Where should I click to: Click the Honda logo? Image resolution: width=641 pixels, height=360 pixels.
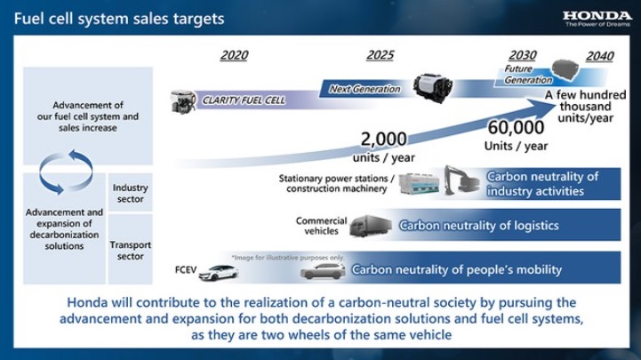[597, 19]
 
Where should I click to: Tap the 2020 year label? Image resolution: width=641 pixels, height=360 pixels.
[234, 55]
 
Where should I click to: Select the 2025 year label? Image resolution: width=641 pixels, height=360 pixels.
[381, 55]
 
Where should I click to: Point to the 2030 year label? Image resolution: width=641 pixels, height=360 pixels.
[523, 55]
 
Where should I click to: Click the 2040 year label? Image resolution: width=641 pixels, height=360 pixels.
[600, 56]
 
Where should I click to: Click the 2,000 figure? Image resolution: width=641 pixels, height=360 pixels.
[383, 140]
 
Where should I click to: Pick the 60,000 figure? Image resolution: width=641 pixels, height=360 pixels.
[516, 127]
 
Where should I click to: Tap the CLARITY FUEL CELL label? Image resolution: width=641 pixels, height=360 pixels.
[244, 100]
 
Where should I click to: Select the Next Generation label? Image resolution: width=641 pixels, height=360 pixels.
[365, 89]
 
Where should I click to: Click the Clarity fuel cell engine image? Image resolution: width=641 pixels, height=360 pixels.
[182, 101]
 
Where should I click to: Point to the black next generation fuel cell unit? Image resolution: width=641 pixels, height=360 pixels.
[432, 87]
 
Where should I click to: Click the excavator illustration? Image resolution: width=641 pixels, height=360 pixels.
[461, 180]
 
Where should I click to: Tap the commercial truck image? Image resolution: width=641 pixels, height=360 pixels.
[371, 226]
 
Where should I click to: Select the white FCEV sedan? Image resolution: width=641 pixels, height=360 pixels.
[219, 273]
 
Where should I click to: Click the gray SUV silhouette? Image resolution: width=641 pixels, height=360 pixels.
[323, 271]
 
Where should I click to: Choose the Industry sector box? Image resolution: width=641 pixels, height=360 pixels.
[130, 193]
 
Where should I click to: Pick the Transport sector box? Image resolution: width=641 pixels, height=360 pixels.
[130, 250]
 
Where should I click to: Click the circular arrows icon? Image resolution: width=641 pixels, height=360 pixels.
[66, 172]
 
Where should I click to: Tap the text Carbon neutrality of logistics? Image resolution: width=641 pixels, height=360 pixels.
[478, 226]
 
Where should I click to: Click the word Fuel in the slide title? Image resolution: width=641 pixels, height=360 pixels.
[28, 19]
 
